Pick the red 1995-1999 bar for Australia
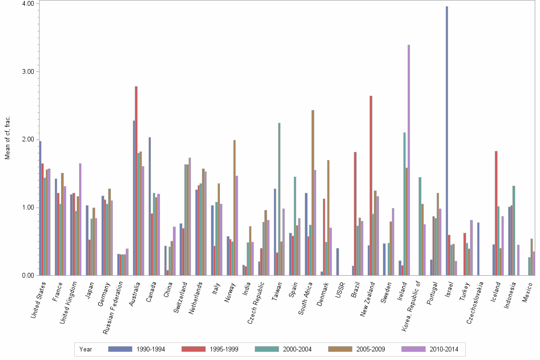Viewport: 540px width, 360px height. coord(136,181)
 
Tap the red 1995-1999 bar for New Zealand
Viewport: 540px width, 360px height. coord(371,186)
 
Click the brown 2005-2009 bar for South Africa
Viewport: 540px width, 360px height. coord(313,193)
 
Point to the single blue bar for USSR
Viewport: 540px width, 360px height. coord(338,262)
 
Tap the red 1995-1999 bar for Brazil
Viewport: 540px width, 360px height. coord(355,214)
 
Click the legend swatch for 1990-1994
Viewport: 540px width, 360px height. coord(120,349)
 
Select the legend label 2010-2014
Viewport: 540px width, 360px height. coord(443,349)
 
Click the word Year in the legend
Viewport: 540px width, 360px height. coord(86,349)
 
